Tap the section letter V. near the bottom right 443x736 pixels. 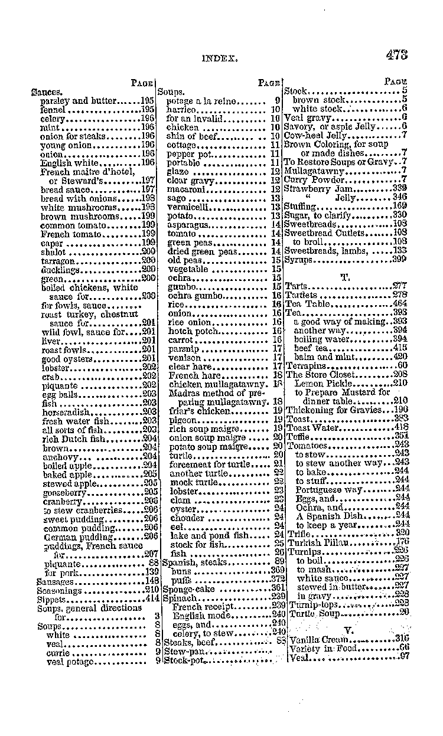click(348, 630)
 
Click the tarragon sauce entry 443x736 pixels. click(58, 260)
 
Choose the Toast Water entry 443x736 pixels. click(313, 427)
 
